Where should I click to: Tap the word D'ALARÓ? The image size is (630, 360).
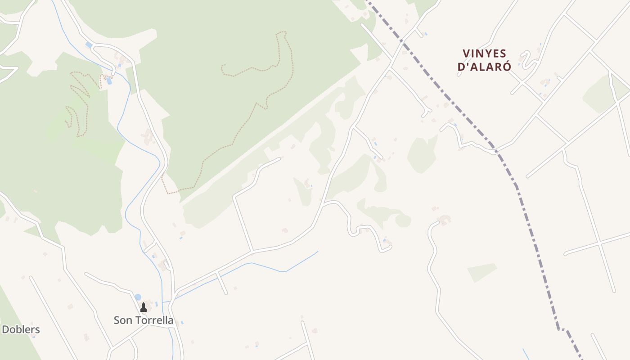(x=484, y=67)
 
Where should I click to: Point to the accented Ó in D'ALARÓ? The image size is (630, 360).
(x=507, y=66)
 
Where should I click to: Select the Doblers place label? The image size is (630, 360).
(x=21, y=329)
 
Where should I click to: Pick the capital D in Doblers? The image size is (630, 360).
(x=5, y=329)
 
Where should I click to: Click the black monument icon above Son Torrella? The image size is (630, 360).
(x=144, y=307)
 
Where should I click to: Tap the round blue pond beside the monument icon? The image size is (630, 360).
(x=138, y=297)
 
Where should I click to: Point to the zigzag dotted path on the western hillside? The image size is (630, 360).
(x=79, y=103)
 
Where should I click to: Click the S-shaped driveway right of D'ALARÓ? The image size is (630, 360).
(x=524, y=59)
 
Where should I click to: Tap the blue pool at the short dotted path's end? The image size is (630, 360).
(x=109, y=81)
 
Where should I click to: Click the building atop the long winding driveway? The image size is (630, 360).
(x=445, y=220)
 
